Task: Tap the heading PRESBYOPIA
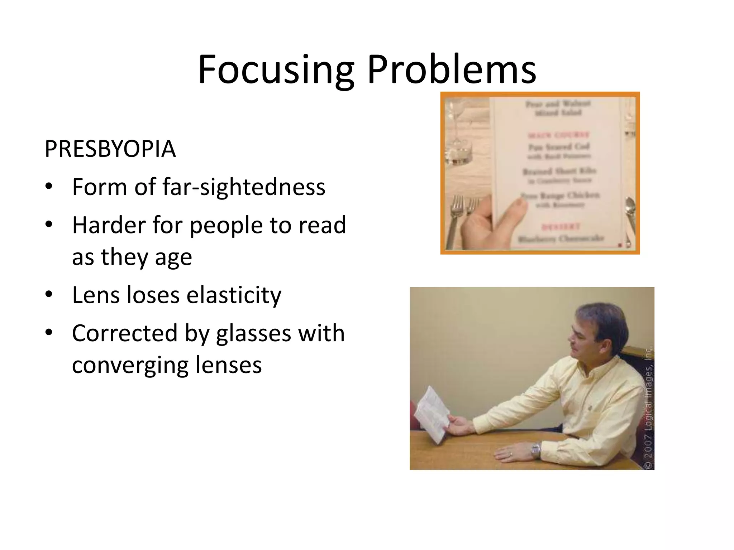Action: (x=110, y=149)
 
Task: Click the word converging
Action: (x=129, y=365)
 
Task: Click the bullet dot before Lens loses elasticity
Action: (x=49, y=294)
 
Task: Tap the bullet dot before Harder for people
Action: (x=49, y=225)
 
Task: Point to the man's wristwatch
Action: (x=535, y=449)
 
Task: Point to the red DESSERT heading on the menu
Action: (x=560, y=227)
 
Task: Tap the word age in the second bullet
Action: (x=173, y=257)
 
